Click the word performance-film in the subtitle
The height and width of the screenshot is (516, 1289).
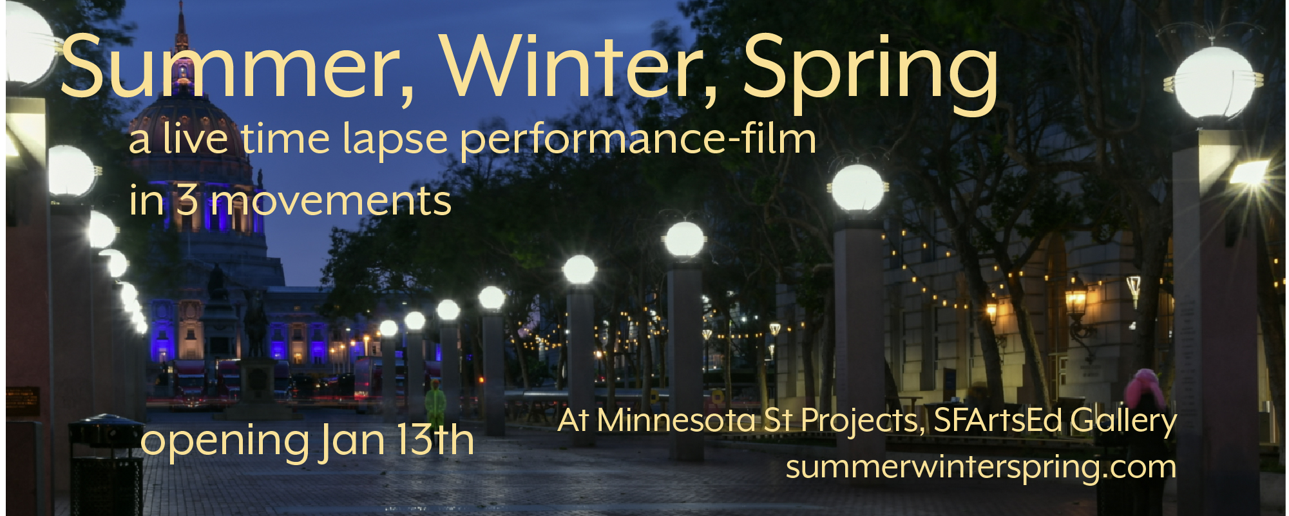(638, 140)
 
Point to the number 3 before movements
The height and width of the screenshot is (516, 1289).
(187, 200)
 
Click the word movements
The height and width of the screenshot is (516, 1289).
(332, 201)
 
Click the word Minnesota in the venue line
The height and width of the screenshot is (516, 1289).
(676, 420)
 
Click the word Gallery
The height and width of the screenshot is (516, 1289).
(1123, 423)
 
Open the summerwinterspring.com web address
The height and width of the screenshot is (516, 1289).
(981, 468)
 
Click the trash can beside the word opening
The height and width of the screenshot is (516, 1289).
(106, 464)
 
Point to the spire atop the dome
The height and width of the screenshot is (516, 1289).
(182, 29)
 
